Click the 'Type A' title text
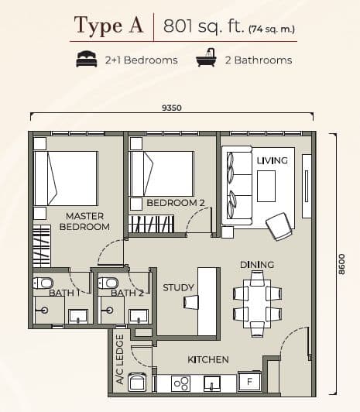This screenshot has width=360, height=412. [108, 26]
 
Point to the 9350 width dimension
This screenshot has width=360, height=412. [172, 108]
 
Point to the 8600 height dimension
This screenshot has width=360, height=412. [341, 264]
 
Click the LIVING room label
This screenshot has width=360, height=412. [272, 160]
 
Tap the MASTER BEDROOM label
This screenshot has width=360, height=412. [84, 221]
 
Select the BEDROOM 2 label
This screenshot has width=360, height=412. [176, 203]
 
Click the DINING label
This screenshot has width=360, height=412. [256, 265]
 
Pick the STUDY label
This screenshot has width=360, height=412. [178, 288]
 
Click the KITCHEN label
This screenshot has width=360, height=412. [208, 360]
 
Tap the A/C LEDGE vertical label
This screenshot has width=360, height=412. [120, 361]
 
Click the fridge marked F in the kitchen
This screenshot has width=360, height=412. [249, 382]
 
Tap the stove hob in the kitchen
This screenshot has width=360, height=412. [180, 383]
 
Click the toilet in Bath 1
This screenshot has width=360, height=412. [43, 284]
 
